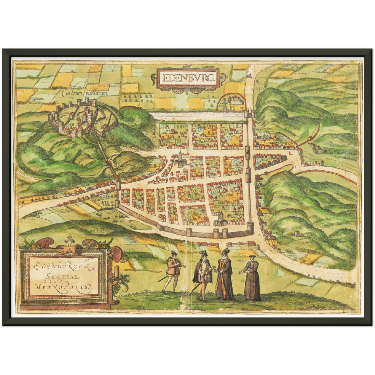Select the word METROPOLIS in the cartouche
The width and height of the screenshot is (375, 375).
tap(62, 287)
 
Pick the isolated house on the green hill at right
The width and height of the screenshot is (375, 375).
tap(299, 234)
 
